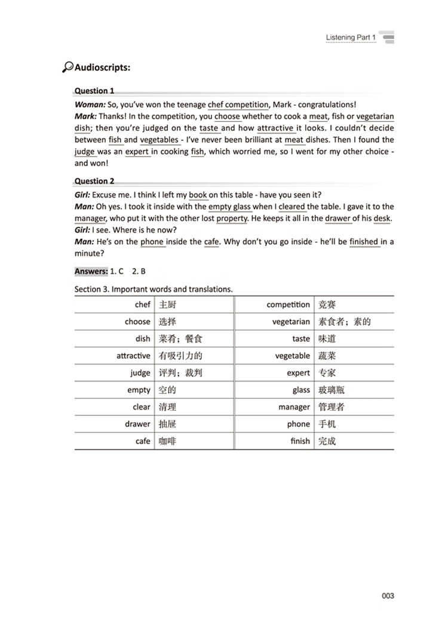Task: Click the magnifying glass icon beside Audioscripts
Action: (67, 67)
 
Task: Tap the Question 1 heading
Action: (94, 91)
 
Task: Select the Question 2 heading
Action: (94, 181)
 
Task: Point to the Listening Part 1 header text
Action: (351, 38)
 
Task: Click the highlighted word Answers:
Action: (91, 271)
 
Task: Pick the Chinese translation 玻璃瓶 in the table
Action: (332, 390)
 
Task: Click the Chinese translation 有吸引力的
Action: (180, 356)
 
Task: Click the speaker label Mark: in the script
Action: (87, 117)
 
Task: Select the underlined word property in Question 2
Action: (232, 218)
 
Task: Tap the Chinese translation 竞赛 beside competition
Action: (327, 304)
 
